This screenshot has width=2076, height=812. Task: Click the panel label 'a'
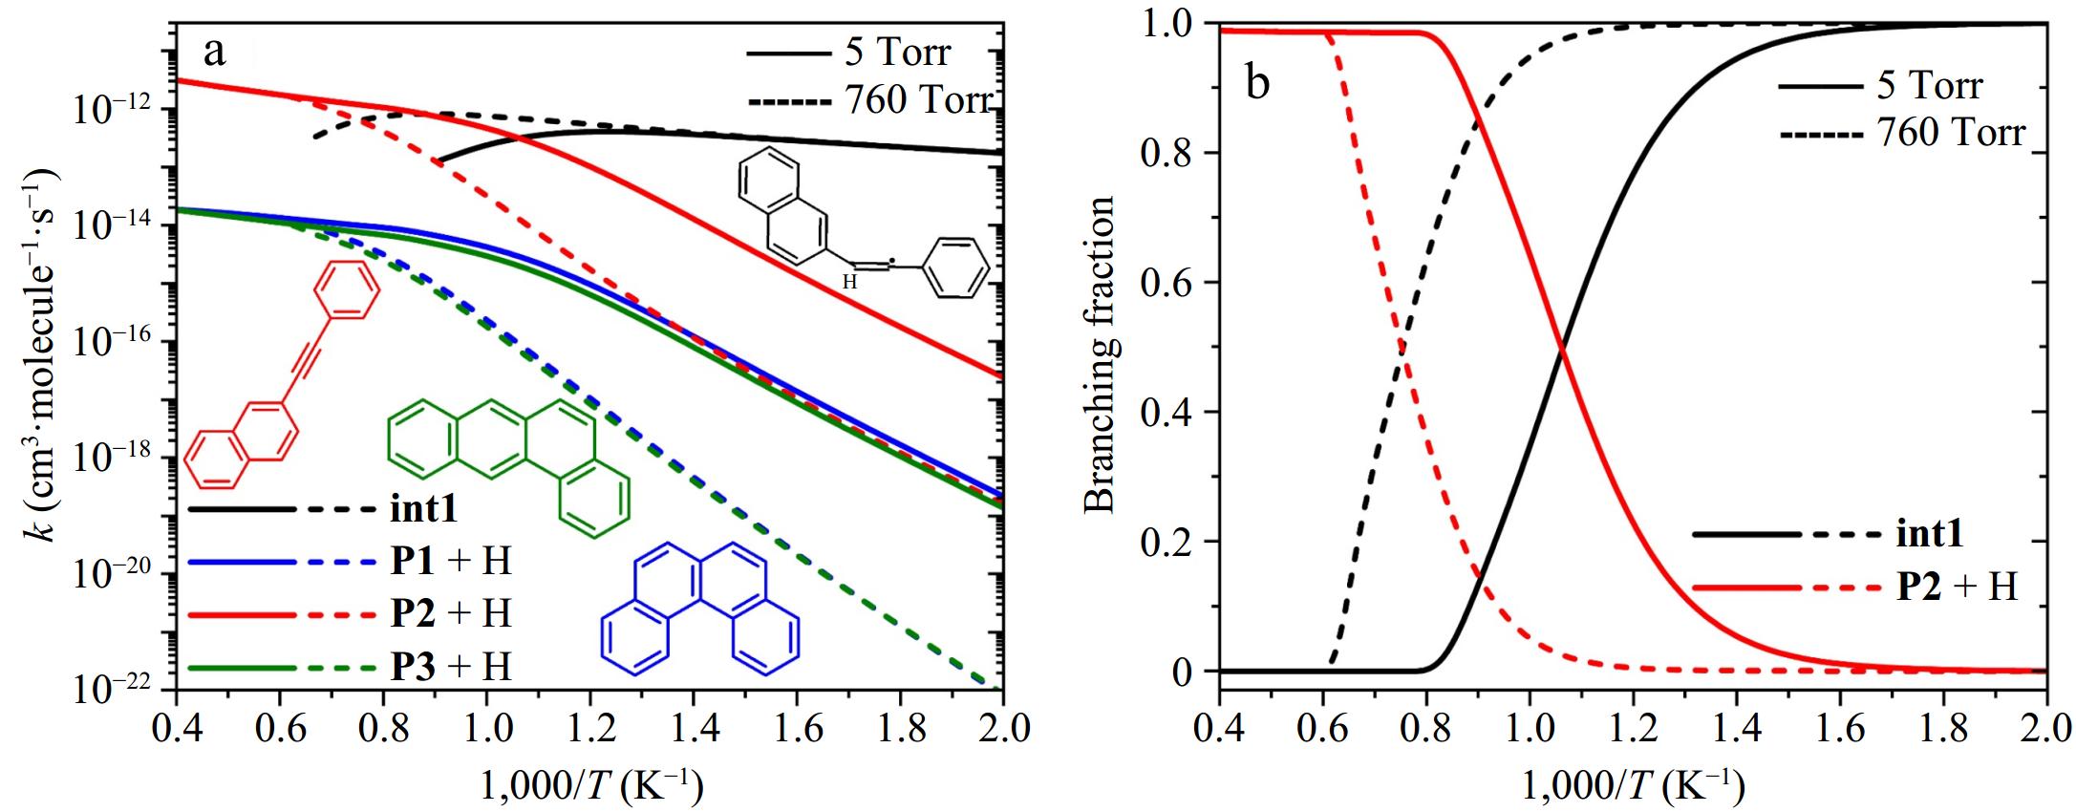pos(215,51)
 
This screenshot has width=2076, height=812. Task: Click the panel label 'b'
pos(1257,83)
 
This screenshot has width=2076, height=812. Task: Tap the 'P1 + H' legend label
pos(451,561)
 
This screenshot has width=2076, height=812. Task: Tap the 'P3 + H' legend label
pos(451,665)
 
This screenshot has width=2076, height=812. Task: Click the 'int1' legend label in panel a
pos(423,508)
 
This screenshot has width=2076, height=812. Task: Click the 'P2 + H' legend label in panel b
pos(1957,586)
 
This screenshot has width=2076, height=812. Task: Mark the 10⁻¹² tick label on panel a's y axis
pos(110,111)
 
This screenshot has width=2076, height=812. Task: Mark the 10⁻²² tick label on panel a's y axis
pos(110,690)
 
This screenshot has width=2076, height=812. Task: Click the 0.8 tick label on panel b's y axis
pos(1166,153)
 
